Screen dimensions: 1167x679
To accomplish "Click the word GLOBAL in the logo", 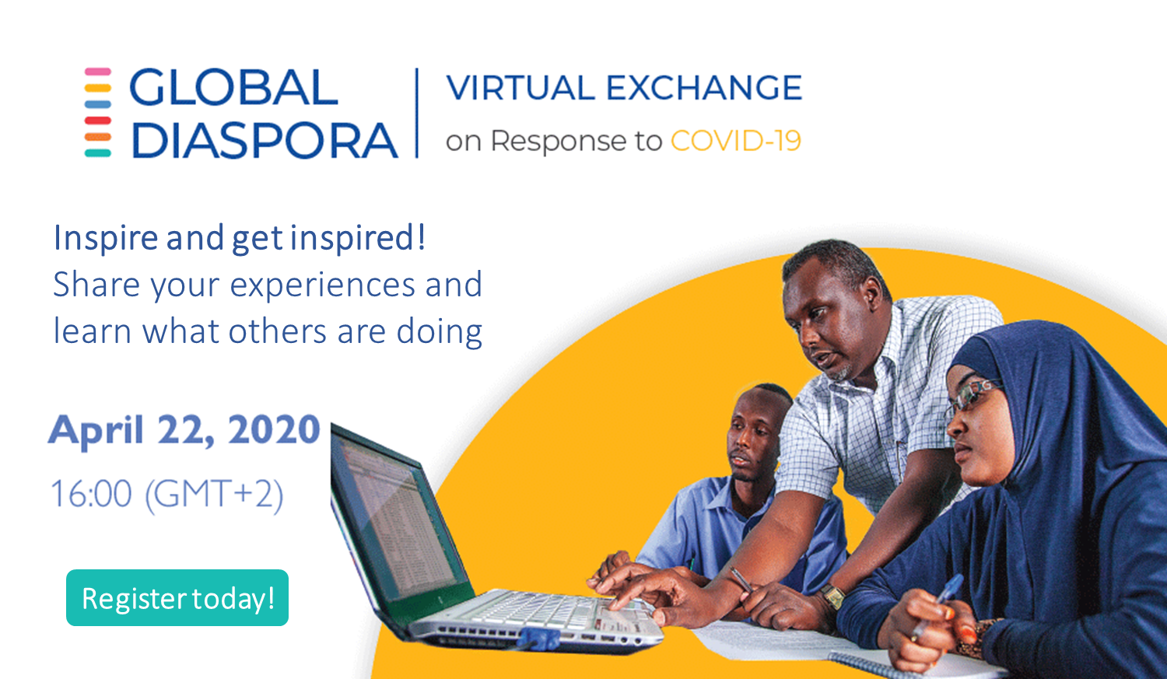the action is tap(233, 87).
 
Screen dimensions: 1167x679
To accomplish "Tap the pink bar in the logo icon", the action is tap(98, 72).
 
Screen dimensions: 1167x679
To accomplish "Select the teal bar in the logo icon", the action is tap(98, 153).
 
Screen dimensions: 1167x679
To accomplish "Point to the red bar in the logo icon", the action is tap(98, 121).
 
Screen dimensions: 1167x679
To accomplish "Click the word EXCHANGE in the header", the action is tap(704, 87).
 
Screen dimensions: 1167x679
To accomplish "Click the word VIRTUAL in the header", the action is tap(520, 87).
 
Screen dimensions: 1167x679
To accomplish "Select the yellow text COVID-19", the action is tap(736, 141).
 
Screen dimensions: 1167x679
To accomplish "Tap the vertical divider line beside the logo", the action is tap(417, 113).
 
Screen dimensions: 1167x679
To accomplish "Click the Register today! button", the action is tap(177, 598).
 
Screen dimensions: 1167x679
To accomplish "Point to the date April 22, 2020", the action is tap(184, 430).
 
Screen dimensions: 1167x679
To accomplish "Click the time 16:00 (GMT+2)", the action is tap(167, 494).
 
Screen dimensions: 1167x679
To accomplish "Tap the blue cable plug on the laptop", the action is tap(540, 639).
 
